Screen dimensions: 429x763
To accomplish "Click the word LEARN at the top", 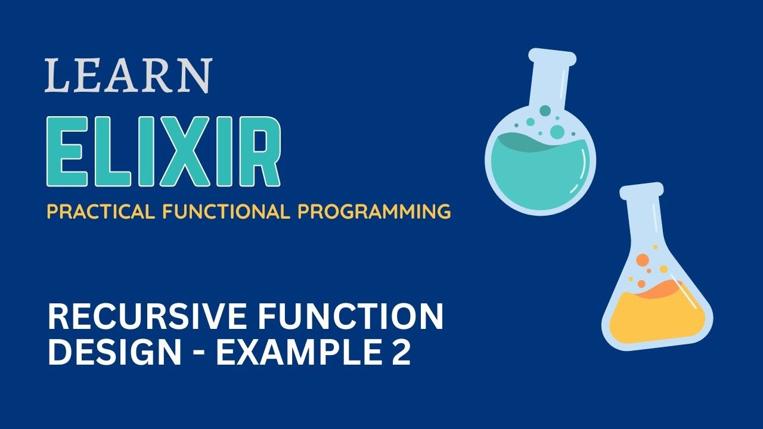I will click(128, 76).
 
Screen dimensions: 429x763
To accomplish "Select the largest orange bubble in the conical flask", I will click(643, 260).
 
